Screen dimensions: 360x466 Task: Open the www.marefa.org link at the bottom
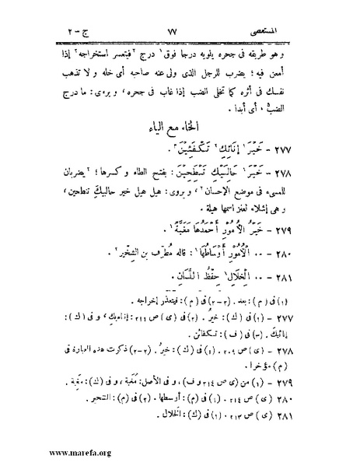[x=40, y=455]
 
